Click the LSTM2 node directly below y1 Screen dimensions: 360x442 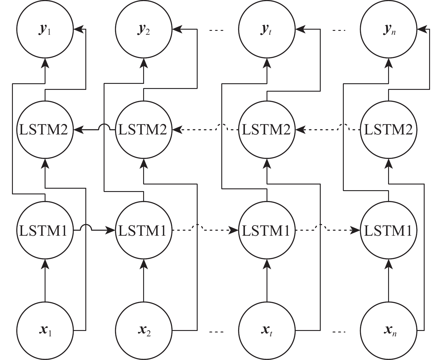click(45, 130)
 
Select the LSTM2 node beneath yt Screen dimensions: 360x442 click(267, 130)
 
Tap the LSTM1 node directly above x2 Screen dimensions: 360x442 click(144, 230)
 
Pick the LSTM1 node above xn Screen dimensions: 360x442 click(388, 230)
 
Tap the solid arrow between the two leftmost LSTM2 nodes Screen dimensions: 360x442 click(90, 130)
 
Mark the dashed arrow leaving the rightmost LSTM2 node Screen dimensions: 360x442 click(329, 130)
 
